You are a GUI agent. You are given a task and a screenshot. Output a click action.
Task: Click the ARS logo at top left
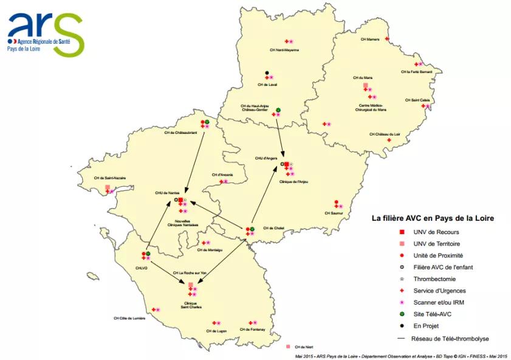(46, 33)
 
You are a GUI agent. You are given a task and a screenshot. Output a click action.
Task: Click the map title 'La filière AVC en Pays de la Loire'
(433, 218)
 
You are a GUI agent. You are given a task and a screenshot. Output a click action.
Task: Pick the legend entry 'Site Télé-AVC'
(433, 314)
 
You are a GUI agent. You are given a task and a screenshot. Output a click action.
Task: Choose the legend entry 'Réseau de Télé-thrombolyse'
(450, 338)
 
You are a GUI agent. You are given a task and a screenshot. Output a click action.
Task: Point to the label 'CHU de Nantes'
(167, 193)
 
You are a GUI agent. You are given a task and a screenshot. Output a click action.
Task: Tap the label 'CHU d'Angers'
(266, 157)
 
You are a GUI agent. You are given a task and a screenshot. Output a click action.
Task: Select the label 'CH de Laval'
(267, 85)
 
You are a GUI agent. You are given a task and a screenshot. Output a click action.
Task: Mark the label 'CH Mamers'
(369, 39)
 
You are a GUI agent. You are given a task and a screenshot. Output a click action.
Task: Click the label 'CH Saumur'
(334, 213)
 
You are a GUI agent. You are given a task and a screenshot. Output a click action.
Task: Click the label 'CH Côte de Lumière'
(129, 317)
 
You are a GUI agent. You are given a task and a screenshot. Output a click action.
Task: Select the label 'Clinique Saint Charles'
(191, 305)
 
